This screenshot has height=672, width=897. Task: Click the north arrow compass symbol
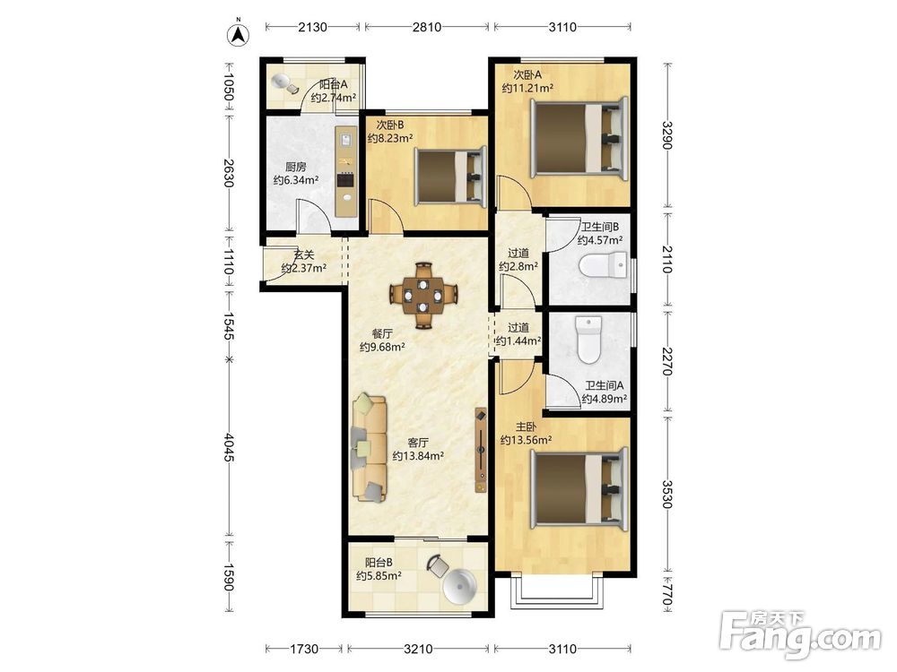(x=239, y=33)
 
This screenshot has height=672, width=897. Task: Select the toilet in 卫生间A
(x=588, y=340)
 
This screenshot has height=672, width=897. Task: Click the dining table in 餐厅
(x=423, y=295)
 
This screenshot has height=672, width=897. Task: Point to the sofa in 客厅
(x=370, y=447)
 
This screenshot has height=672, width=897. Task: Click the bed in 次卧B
(x=449, y=176)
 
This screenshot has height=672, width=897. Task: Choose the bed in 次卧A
(x=579, y=138)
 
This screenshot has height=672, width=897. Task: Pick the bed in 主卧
(x=579, y=487)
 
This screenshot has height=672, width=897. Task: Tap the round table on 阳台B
(x=458, y=587)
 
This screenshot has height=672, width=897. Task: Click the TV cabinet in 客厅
(x=481, y=450)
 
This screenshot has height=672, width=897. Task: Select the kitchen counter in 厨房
(x=346, y=171)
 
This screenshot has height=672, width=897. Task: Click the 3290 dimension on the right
(x=666, y=135)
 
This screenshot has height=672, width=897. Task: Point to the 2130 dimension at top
(x=312, y=27)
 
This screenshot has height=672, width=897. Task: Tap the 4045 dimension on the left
(x=229, y=447)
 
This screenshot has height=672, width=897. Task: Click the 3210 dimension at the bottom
(x=418, y=649)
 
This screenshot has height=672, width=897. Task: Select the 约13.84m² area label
(x=418, y=456)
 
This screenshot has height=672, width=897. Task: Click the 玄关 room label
(x=304, y=254)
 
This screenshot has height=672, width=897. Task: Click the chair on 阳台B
(x=438, y=564)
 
